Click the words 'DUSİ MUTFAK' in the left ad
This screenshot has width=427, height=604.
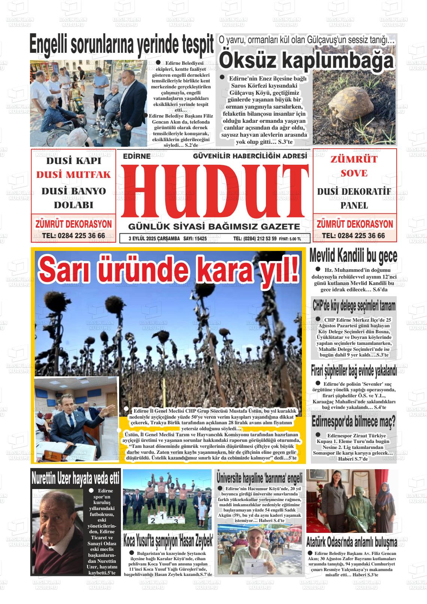[x=73, y=175]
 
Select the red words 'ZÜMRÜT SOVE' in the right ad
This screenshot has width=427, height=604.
[x=354, y=166]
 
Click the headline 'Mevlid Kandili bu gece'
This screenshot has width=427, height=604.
[x=353, y=256]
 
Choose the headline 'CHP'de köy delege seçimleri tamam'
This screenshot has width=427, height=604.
[x=354, y=306]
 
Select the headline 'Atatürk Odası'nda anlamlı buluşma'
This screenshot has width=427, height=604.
[x=352, y=541]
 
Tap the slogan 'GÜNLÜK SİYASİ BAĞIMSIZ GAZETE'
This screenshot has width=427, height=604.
[x=214, y=227]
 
